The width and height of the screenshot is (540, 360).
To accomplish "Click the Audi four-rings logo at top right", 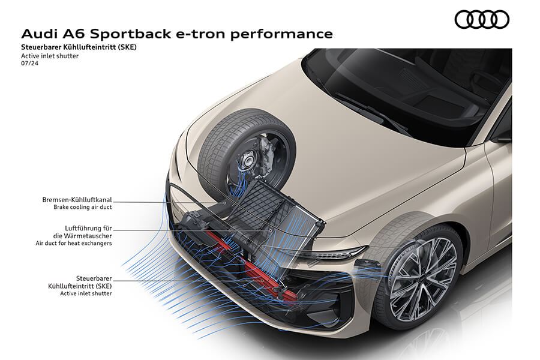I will pos(482,20).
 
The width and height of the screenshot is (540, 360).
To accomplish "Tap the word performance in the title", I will pos(287,34).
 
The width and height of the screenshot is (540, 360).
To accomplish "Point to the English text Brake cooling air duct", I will pos(82,207).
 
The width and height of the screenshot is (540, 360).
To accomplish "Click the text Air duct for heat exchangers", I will pos(74,243).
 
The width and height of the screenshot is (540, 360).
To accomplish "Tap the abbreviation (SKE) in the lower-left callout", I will pos(100,286).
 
